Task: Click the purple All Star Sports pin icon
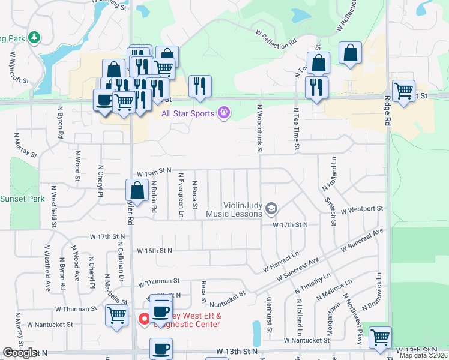coord(224,112)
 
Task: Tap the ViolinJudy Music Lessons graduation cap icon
coord(271,208)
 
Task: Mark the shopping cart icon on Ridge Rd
coord(403,91)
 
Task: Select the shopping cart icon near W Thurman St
coord(116,315)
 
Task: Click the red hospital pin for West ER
coord(144,319)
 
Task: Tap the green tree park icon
coord(35,38)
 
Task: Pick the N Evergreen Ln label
coord(181,191)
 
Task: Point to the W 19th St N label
coord(154,171)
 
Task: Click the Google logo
coord(20,353)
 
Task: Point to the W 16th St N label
coord(155,250)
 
